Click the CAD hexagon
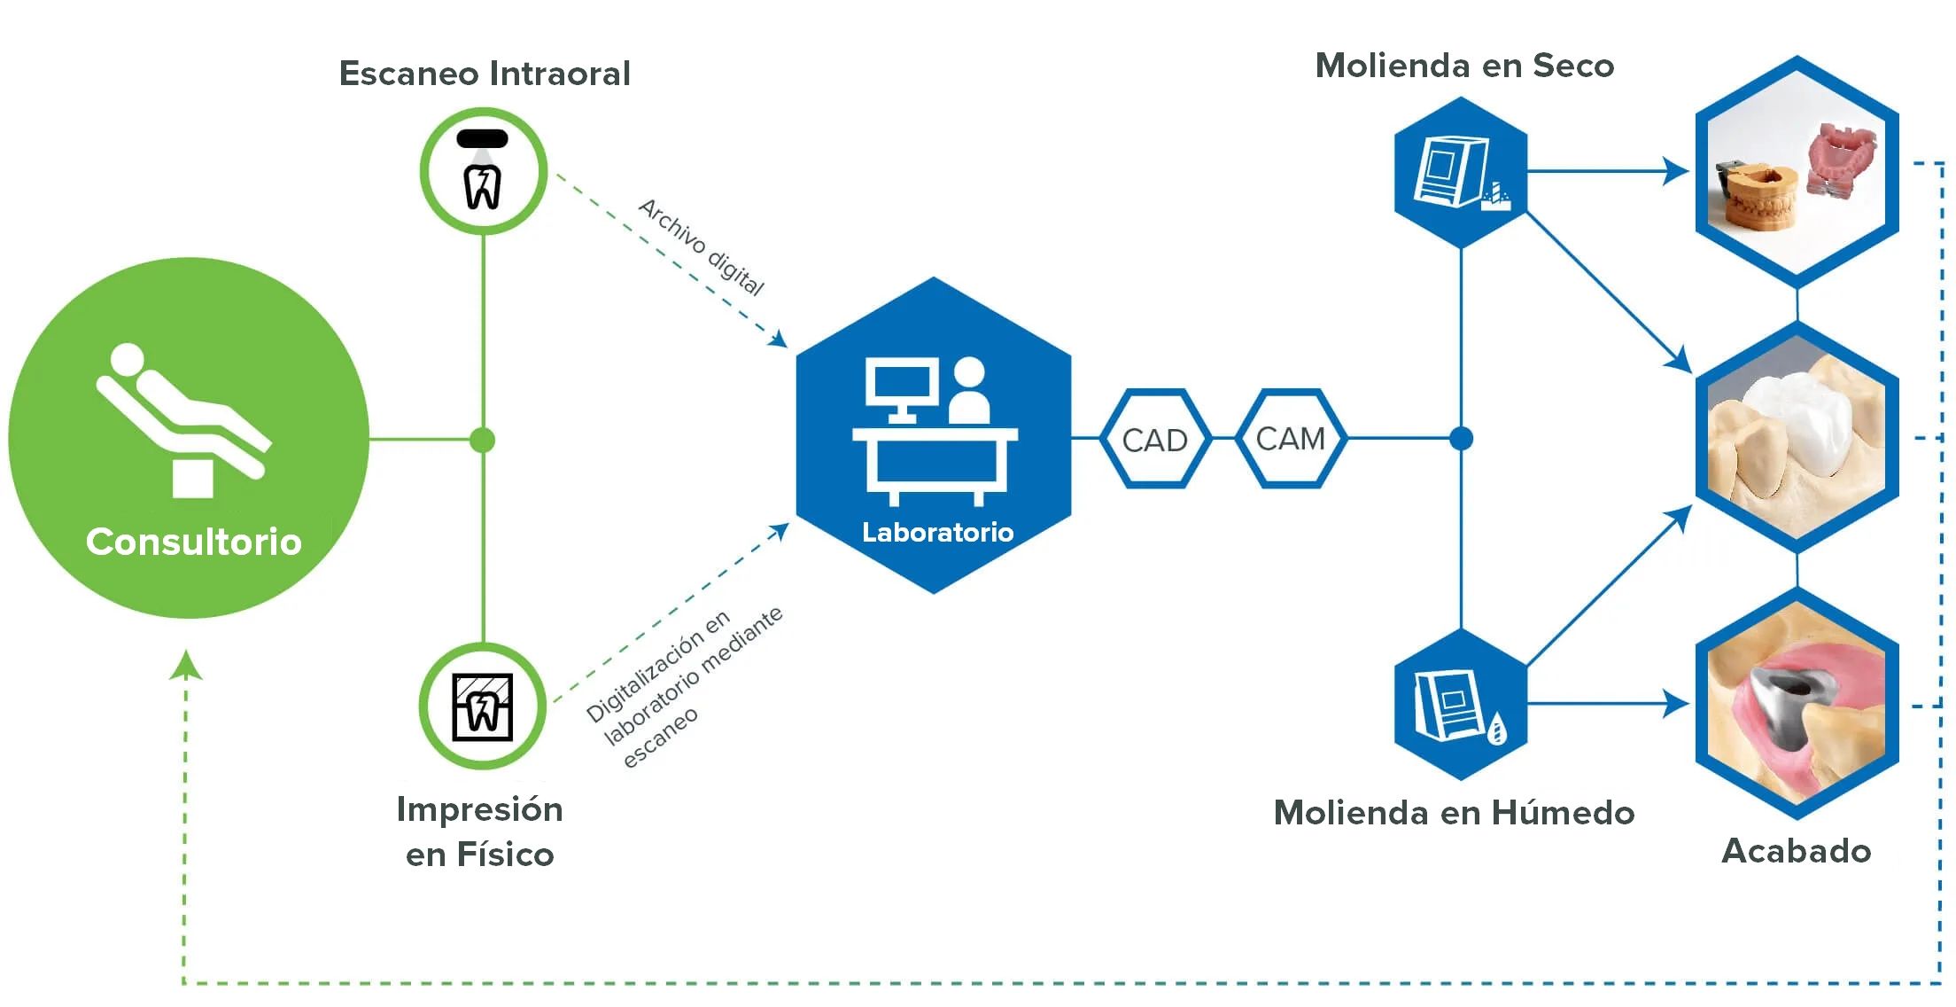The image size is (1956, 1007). [x=1154, y=440]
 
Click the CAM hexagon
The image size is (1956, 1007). [x=1290, y=439]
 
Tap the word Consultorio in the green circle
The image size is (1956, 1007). [x=193, y=542]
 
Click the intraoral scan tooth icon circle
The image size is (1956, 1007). [x=483, y=171]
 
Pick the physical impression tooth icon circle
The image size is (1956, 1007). [x=483, y=706]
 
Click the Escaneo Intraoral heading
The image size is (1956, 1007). [x=485, y=74]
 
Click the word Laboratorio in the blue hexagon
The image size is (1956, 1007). [x=937, y=532]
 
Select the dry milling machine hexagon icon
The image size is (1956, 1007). [x=1460, y=172]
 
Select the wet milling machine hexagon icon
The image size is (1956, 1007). [x=1460, y=706]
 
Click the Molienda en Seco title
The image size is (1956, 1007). [x=1464, y=66]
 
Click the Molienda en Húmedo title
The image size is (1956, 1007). [x=1454, y=813]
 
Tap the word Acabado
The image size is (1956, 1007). [x=1796, y=851]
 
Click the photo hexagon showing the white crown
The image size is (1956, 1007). [x=1796, y=438]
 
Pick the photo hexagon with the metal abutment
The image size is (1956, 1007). [x=1796, y=705]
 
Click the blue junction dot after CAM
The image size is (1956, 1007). [x=1461, y=439]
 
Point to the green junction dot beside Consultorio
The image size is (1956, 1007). [x=483, y=440]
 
